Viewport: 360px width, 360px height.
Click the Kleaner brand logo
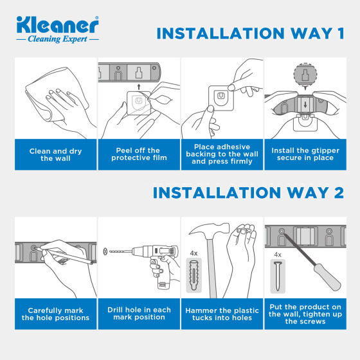58,30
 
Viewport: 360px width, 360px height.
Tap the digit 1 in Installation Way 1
341,33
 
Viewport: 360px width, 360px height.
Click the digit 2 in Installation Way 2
339,192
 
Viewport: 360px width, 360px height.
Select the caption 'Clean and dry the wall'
55,155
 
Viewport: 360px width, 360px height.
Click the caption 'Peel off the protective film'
139,154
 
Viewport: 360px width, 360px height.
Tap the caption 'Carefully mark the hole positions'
55,314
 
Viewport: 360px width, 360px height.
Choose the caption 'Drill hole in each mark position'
139,314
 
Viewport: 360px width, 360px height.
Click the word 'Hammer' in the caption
199,310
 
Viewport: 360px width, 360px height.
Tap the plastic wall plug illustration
194,275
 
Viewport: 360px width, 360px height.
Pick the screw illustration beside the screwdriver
278,276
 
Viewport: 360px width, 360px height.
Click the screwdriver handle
327,277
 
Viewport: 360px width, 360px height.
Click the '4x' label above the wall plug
194,253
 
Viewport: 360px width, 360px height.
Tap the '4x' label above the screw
278,255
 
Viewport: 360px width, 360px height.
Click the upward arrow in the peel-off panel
139,87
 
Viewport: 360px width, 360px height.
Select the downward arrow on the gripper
305,105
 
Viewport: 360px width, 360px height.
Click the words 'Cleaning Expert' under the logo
57,39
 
